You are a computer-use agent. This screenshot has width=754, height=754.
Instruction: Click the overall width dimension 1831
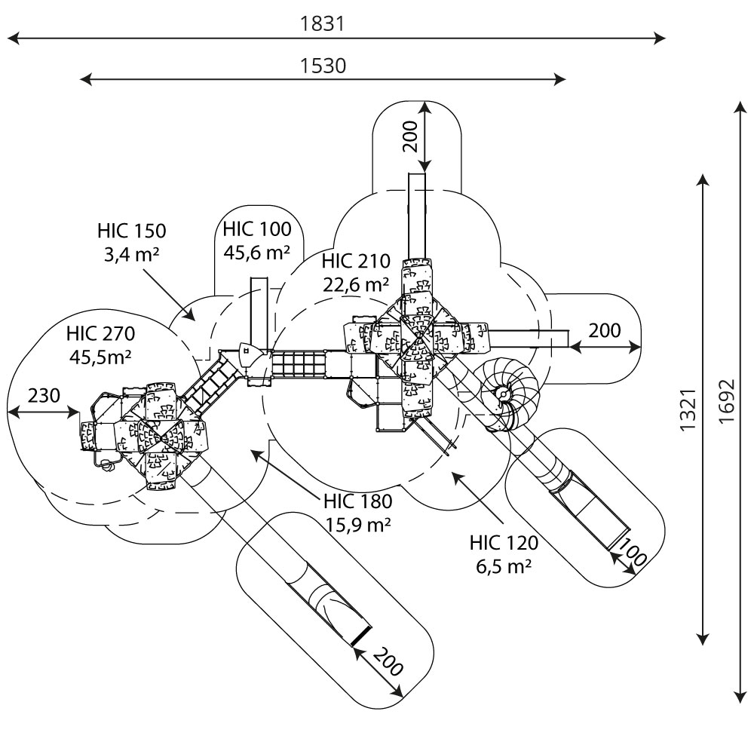click(323, 23)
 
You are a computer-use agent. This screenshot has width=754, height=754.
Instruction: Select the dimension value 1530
click(323, 66)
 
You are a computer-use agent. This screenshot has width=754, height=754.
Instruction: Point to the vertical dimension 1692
click(727, 401)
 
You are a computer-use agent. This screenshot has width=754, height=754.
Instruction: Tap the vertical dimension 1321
click(688, 409)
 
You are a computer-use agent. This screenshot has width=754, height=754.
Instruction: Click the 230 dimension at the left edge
click(44, 396)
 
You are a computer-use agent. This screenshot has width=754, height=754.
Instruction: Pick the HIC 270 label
click(101, 333)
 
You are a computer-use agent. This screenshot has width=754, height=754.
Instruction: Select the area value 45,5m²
click(101, 357)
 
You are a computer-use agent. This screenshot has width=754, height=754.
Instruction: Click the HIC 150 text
click(132, 231)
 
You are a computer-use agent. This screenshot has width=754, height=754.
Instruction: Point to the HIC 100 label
click(257, 229)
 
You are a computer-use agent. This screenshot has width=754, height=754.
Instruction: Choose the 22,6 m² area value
click(356, 285)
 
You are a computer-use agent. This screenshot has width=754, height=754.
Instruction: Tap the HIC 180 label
click(358, 501)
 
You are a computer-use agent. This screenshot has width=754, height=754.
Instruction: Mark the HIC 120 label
click(504, 543)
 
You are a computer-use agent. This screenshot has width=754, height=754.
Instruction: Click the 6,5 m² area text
click(504, 566)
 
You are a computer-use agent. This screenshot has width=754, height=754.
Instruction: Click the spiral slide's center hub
click(503, 394)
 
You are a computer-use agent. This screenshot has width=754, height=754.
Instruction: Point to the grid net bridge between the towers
click(299, 364)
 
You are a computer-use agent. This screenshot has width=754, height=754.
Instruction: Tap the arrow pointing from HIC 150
click(169, 294)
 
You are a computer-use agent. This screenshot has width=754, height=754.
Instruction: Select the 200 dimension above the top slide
click(411, 136)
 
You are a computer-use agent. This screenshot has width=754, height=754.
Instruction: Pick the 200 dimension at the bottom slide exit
click(388, 662)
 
